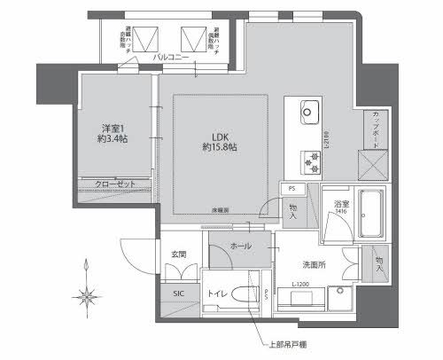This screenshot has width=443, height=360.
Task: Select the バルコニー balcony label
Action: coord(171,57)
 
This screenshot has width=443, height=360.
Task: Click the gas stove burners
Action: coord(311,161)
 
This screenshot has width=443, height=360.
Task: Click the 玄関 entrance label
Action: coord(179,255)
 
